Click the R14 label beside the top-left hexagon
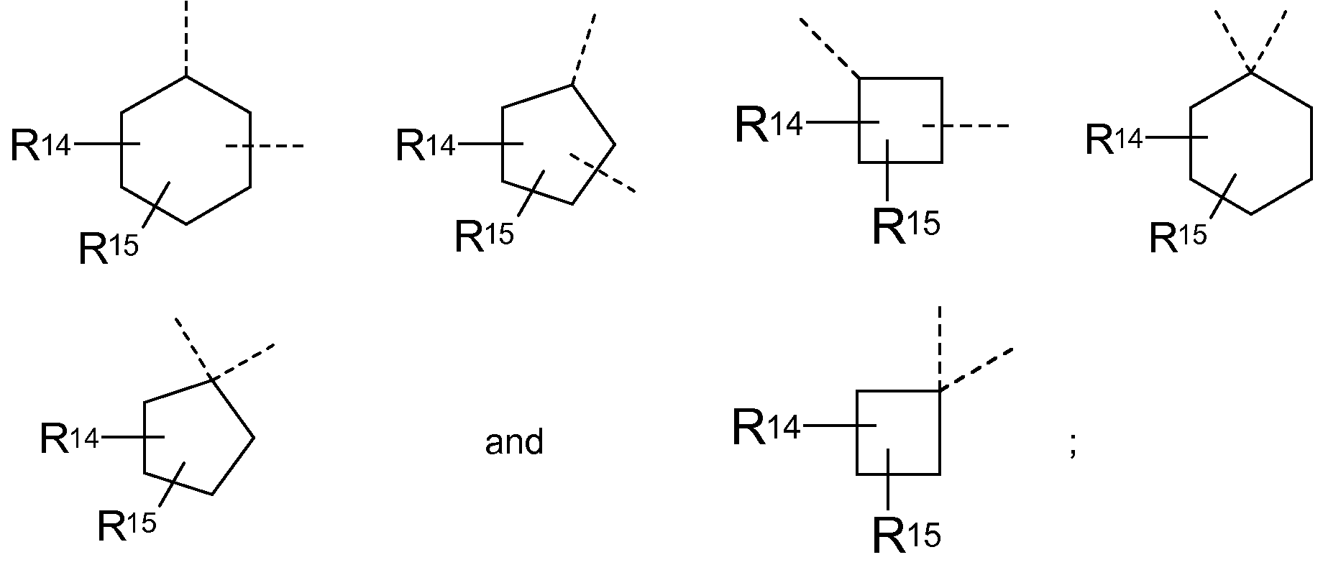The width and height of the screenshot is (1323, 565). [41, 146]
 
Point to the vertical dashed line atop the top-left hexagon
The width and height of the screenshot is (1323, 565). [186, 36]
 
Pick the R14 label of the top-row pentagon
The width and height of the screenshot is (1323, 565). [426, 146]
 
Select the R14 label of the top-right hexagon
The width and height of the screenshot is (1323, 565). [1113, 139]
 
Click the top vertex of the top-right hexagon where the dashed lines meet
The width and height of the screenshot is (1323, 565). [1251, 72]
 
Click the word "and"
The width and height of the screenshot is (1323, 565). [513, 441]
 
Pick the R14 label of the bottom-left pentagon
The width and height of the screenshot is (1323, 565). [69, 438]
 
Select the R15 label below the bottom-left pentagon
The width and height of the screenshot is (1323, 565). [127, 526]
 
